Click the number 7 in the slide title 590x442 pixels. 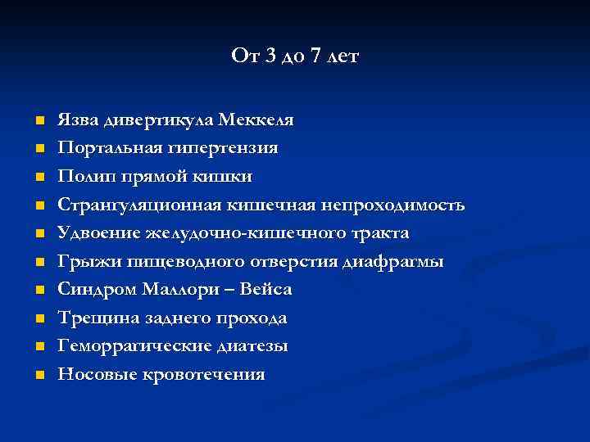click(316, 56)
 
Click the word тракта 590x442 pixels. click(379, 233)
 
